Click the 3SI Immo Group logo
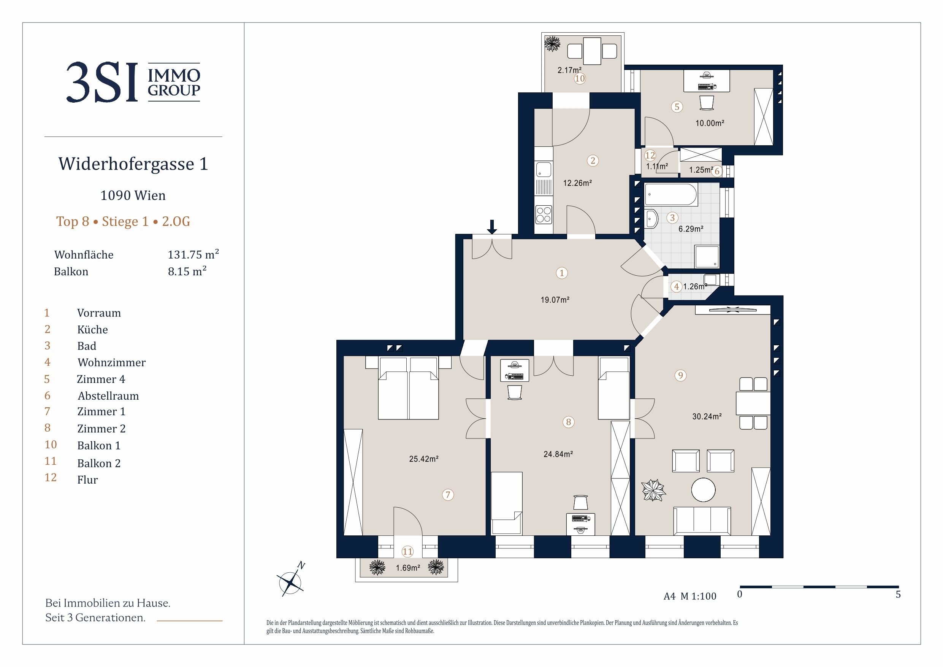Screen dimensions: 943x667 click(x=133, y=82)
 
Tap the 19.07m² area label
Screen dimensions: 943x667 click(x=555, y=300)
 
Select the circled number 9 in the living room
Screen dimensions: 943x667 click(x=681, y=375)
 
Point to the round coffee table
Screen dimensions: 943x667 click(x=703, y=490)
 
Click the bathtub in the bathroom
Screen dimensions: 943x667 click(x=671, y=194)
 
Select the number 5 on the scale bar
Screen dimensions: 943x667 click(x=898, y=594)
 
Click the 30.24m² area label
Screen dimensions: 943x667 click(x=707, y=416)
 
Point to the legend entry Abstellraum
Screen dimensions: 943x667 click(x=108, y=396)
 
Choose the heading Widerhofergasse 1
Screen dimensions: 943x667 click(x=133, y=164)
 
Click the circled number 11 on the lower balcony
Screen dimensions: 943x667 click(x=407, y=551)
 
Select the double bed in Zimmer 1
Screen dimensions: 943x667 click(x=408, y=388)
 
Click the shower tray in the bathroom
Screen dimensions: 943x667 click(x=707, y=256)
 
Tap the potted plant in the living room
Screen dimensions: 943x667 click(x=653, y=490)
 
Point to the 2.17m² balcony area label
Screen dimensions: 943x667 click(x=569, y=70)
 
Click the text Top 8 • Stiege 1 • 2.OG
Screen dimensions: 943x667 click(x=123, y=222)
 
